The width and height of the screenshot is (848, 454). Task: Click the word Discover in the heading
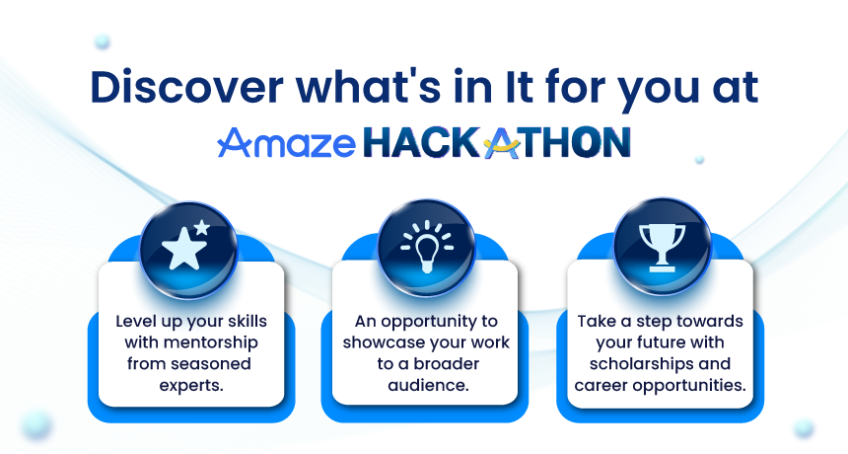click(x=186, y=87)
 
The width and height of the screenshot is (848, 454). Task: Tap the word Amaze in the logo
click(x=287, y=143)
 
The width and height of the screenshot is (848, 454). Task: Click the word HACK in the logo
click(x=422, y=143)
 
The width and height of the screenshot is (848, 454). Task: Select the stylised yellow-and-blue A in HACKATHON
click(x=503, y=143)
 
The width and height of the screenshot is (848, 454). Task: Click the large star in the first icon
click(x=183, y=249)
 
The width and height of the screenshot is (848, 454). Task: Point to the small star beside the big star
click(x=202, y=227)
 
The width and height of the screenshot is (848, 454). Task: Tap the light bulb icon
click(x=427, y=247)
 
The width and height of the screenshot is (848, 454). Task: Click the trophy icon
click(x=662, y=247)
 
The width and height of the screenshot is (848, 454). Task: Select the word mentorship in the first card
click(x=210, y=342)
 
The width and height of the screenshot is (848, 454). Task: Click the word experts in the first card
click(x=190, y=385)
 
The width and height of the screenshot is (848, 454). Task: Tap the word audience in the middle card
click(x=427, y=385)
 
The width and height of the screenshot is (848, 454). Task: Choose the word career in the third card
click(x=601, y=385)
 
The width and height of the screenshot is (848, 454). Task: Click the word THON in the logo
click(x=577, y=143)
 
